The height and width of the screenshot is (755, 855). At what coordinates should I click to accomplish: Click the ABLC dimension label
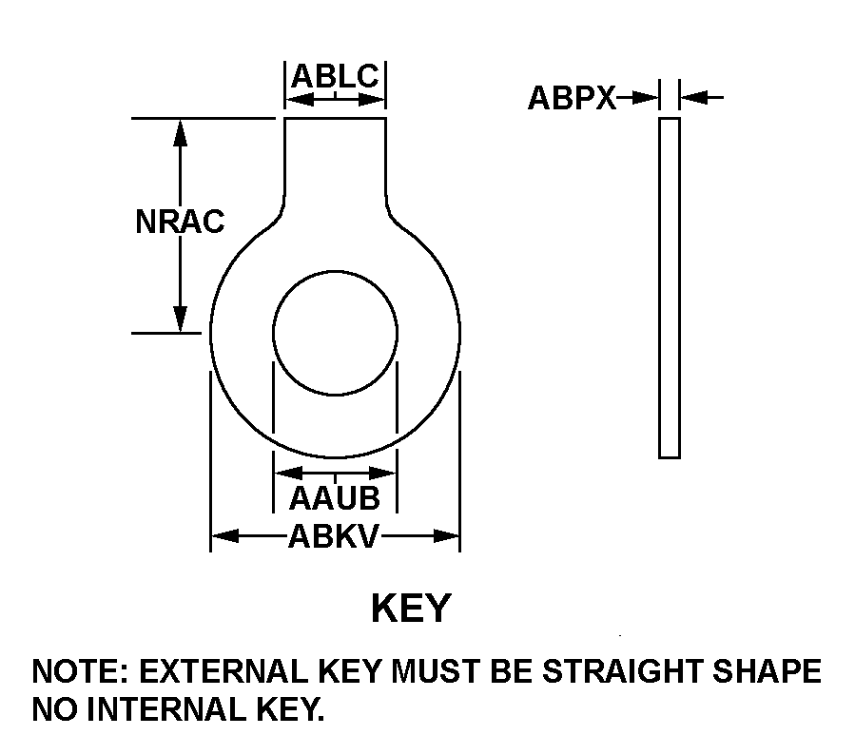(x=336, y=76)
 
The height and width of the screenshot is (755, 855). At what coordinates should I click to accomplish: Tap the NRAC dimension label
(x=180, y=222)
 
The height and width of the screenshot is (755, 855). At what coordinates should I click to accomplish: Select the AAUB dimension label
(x=334, y=498)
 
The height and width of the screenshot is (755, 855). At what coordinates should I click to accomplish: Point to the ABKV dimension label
(x=333, y=536)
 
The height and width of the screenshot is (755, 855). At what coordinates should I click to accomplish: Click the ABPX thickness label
(x=572, y=98)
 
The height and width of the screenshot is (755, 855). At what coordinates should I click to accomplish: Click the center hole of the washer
(x=336, y=333)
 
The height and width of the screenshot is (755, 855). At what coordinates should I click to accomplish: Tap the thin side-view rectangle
(x=670, y=288)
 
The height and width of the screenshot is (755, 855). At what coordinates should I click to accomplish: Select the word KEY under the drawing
(x=412, y=608)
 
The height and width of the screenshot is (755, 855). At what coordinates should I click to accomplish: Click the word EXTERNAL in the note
(x=223, y=671)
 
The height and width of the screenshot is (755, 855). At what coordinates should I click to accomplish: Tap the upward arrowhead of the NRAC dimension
(x=180, y=132)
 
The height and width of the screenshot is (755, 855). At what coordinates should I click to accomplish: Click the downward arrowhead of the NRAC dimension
(x=180, y=319)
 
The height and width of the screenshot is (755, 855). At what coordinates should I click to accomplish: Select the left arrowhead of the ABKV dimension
(x=225, y=536)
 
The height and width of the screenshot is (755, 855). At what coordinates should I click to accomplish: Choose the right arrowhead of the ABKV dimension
(x=446, y=536)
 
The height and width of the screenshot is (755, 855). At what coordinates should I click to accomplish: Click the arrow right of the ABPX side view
(x=702, y=98)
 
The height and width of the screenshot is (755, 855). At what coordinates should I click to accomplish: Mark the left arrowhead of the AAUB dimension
(x=288, y=473)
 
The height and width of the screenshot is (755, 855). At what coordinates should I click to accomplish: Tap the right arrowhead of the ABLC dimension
(x=372, y=100)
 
